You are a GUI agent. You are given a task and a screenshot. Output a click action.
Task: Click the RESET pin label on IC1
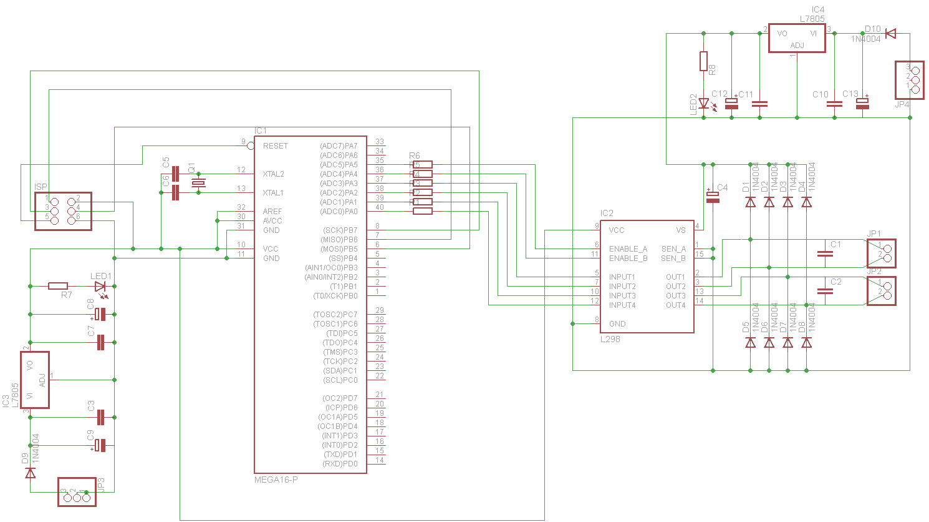click(275, 146)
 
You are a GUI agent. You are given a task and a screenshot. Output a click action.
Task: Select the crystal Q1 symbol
click(198, 183)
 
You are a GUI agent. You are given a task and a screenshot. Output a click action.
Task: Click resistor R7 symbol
click(58, 286)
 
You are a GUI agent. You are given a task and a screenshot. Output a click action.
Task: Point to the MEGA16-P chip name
click(276, 480)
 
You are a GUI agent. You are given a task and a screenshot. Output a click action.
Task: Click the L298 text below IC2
click(610, 339)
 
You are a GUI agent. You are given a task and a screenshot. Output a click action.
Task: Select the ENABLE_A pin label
click(628, 249)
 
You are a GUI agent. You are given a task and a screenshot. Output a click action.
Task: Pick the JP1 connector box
click(881, 254)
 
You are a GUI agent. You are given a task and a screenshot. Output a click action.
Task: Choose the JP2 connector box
click(881, 291)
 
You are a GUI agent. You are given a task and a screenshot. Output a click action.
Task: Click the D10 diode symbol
click(890, 34)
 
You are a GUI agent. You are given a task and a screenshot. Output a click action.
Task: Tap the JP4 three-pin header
click(909, 80)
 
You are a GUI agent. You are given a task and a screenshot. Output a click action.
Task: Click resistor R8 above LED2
click(703, 61)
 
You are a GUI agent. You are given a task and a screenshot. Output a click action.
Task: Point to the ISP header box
click(63, 211)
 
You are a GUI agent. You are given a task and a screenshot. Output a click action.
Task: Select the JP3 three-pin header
click(77, 491)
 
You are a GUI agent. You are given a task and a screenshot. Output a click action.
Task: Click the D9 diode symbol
click(30, 473)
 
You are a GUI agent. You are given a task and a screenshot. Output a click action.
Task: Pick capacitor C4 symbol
click(713, 197)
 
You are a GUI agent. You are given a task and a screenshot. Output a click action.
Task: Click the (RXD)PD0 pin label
click(340, 464)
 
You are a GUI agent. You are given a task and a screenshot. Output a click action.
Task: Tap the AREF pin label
click(272, 212)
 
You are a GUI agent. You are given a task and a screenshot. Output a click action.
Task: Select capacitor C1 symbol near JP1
click(825, 254)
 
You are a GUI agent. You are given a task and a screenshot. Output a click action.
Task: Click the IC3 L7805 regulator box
click(34, 380)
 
